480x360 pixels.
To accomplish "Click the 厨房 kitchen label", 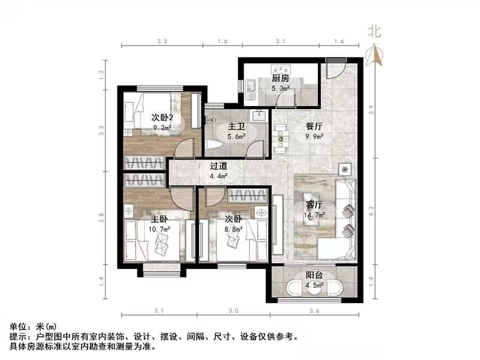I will coord(280,79).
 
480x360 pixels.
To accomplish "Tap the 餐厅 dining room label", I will coord(314,127).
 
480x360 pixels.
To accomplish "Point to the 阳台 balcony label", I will coord(314,275).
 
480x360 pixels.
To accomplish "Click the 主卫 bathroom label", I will coord(234,127).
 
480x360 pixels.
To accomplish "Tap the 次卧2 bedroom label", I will coord(162,118).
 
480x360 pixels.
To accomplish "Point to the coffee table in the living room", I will coord(311,206).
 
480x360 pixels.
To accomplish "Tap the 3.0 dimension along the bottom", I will coord(233,311).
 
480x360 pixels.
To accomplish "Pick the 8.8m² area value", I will coord(233,228).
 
